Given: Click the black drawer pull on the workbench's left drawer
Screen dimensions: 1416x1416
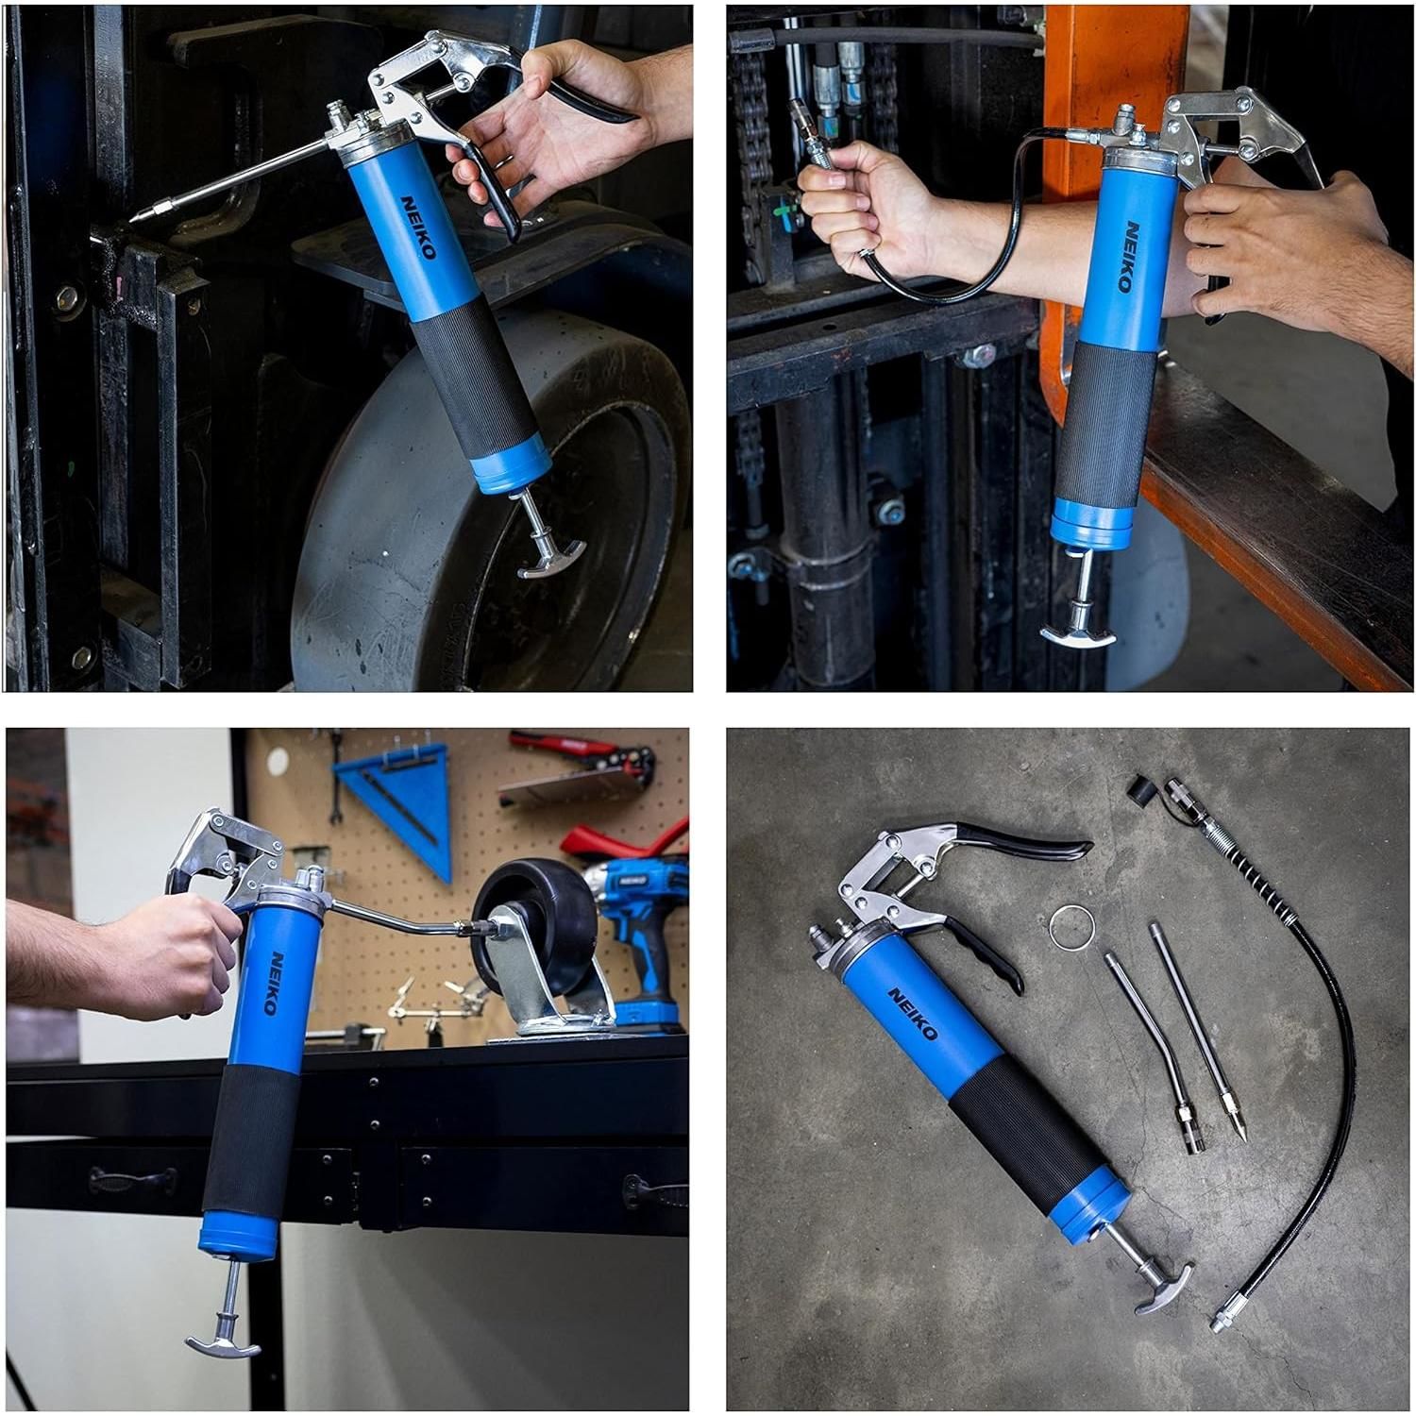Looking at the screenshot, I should tap(131, 1179).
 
